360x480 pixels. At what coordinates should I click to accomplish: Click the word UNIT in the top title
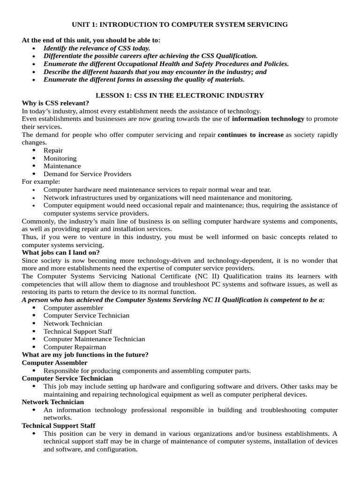(x=80, y=24)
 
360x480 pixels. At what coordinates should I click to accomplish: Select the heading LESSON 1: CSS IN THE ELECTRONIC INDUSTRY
(x=180, y=95)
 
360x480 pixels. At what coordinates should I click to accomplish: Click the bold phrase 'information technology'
(x=268, y=119)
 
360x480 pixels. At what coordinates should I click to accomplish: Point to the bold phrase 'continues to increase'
(x=250, y=135)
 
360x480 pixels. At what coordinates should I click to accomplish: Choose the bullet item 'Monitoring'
(x=60, y=158)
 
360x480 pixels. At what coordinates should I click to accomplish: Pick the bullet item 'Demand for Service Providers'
(x=87, y=174)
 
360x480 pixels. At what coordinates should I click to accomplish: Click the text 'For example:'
(x=41, y=182)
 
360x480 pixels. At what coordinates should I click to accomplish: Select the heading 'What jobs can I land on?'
(x=60, y=253)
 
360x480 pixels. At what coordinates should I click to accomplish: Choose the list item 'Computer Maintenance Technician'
(x=94, y=339)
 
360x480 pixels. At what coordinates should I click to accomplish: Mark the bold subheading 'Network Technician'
(x=53, y=402)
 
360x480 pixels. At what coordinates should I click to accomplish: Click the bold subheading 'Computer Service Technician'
(x=67, y=378)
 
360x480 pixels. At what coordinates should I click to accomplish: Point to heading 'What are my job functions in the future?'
(x=85, y=355)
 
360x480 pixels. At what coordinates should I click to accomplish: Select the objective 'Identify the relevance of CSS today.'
(x=97, y=48)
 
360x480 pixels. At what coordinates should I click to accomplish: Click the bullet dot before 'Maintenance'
(x=35, y=166)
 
